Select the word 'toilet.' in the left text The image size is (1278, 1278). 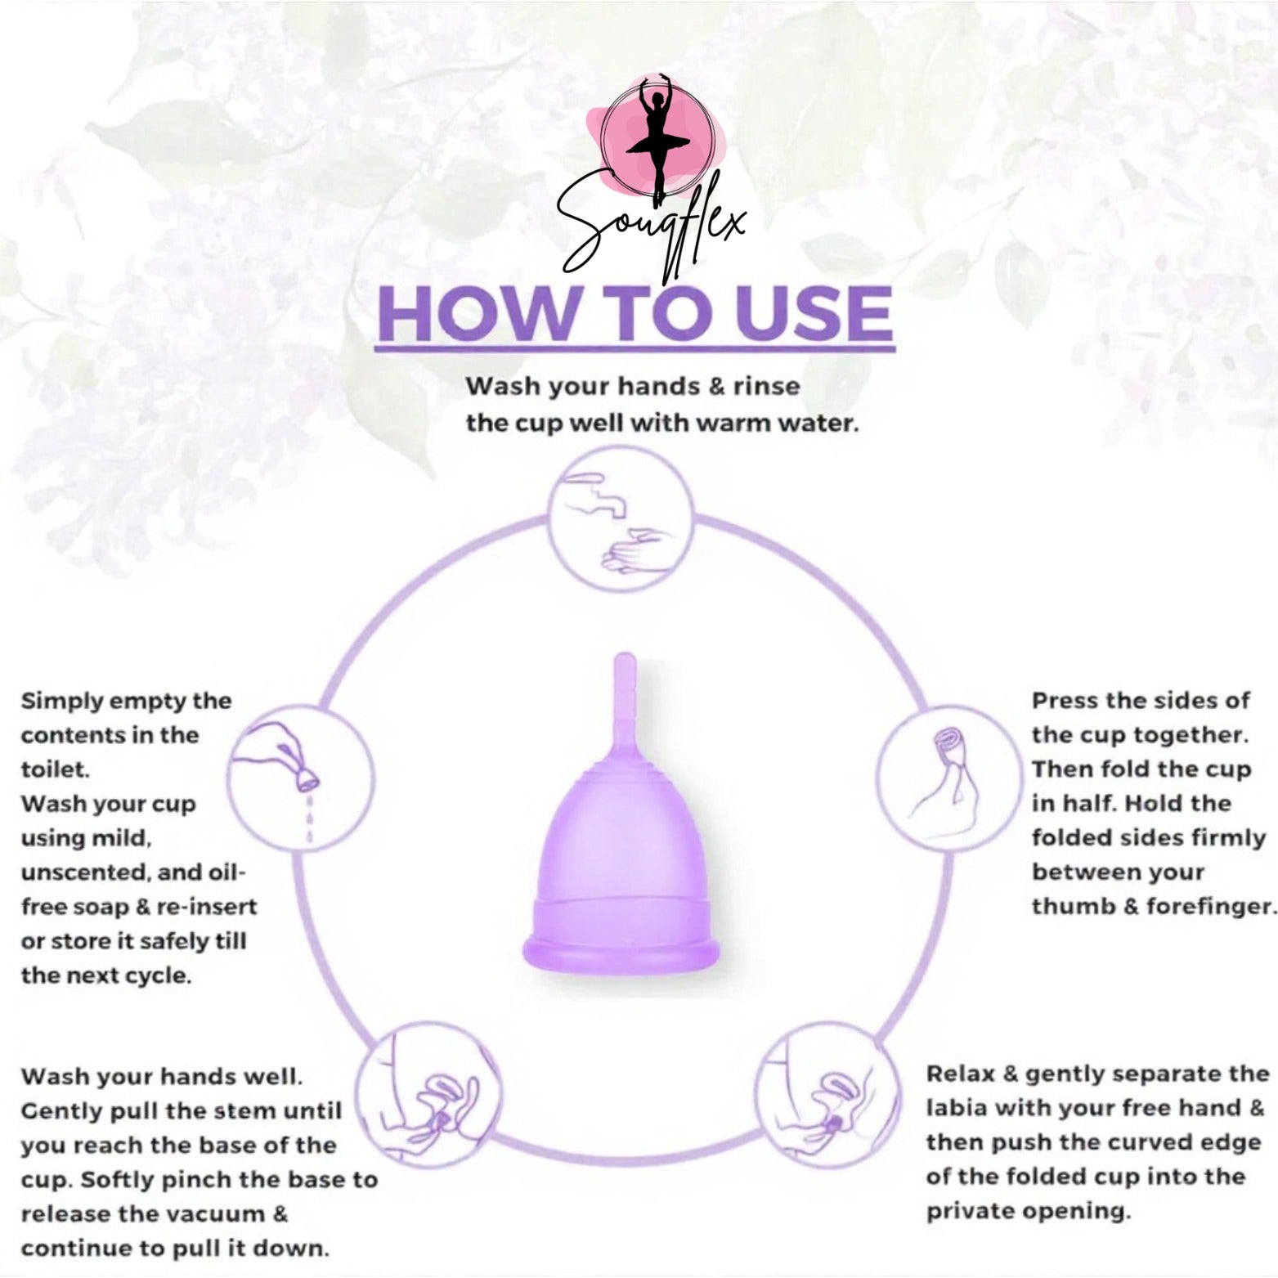pos(53,769)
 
